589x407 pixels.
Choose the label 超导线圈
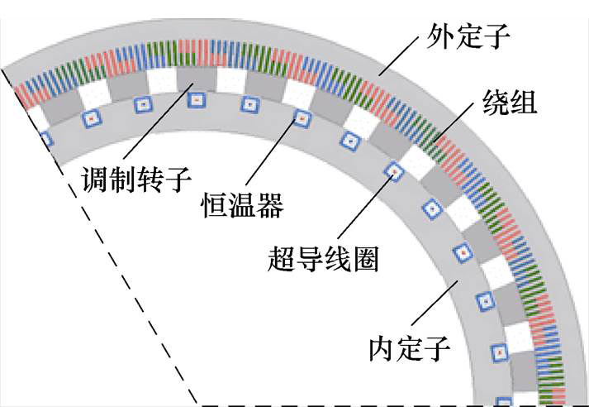(x=323, y=258)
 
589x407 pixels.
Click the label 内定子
(x=410, y=348)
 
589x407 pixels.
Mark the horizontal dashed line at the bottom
(x=388, y=405)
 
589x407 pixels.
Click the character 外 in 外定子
(x=439, y=36)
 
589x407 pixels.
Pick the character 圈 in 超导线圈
(x=364, y=258)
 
